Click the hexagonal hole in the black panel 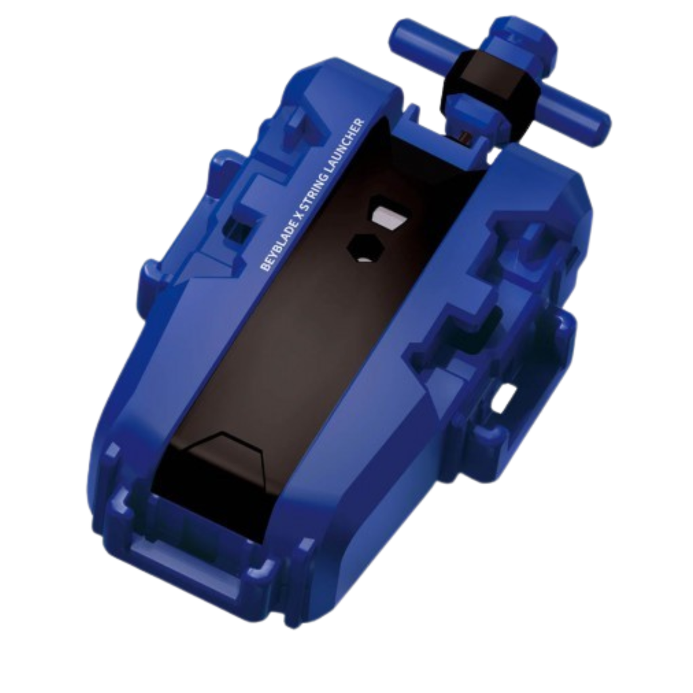click(x=365, y=249)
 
